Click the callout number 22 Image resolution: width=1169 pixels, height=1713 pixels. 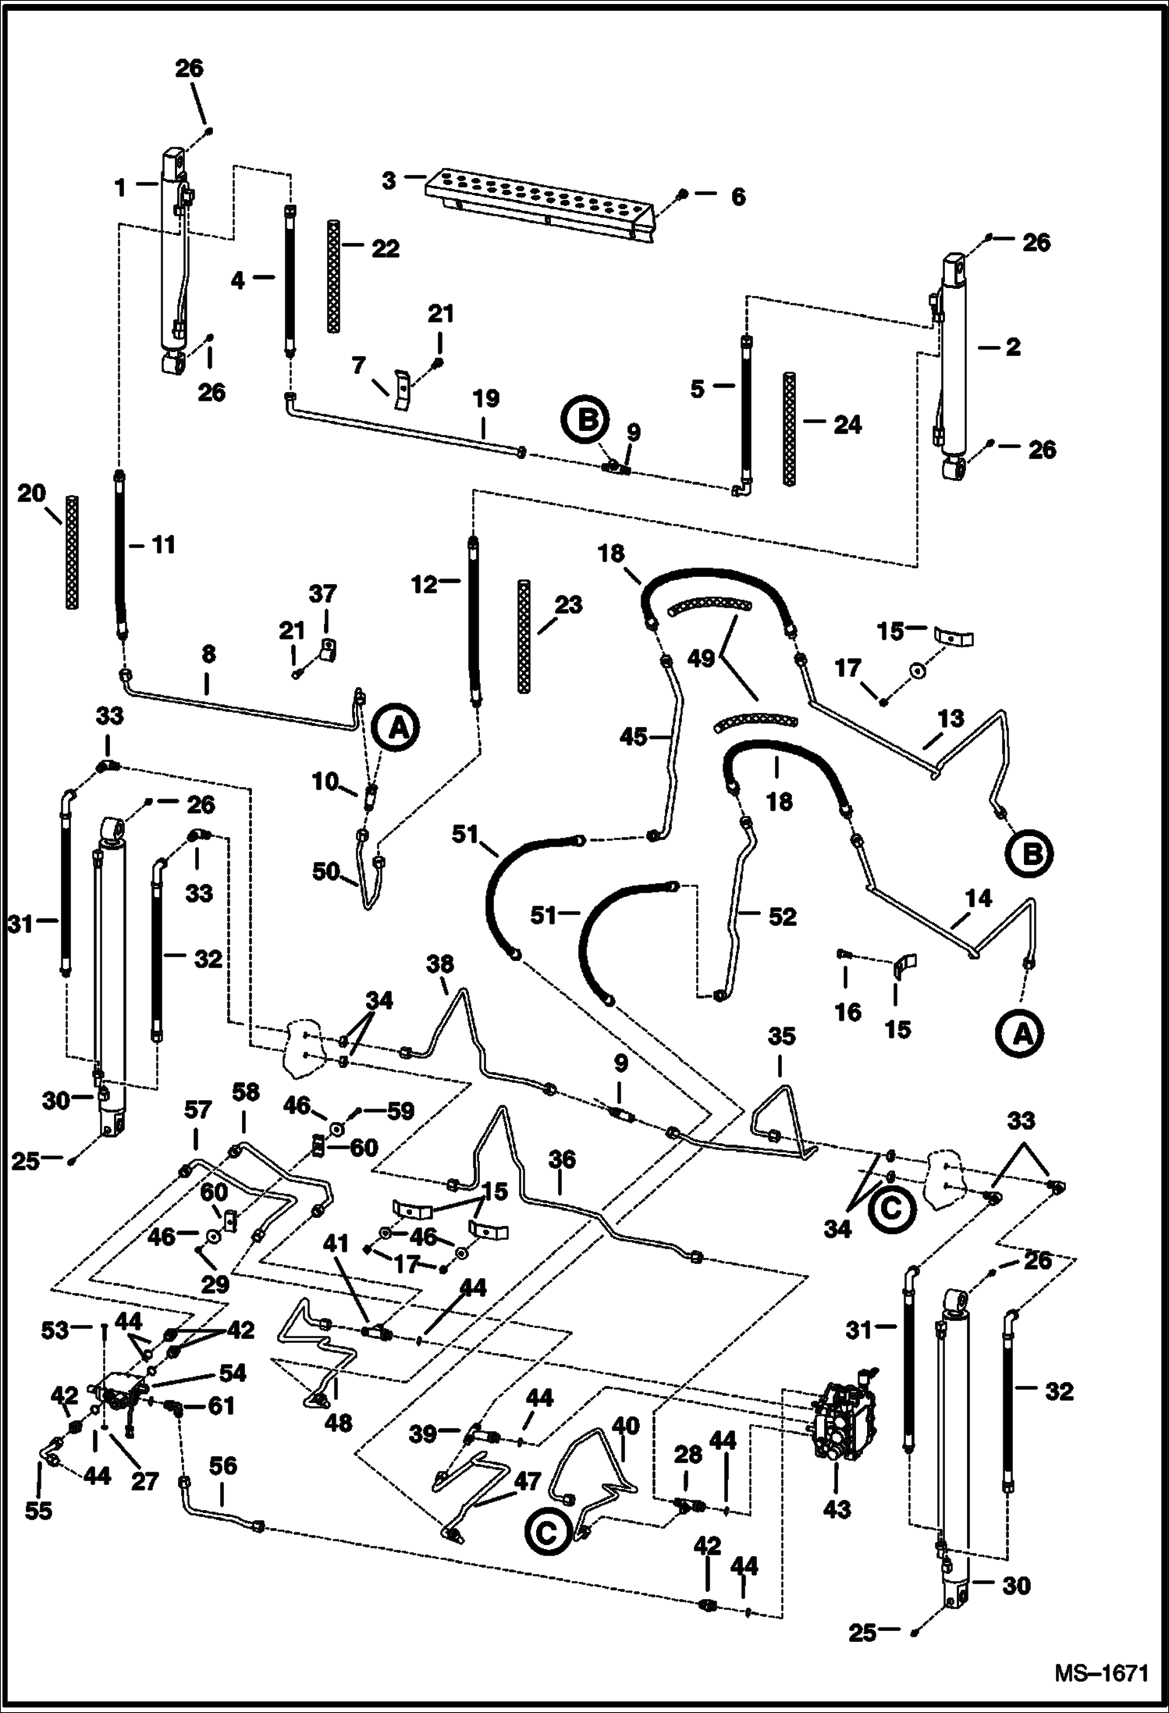pyautogui.click(x=385, y=249)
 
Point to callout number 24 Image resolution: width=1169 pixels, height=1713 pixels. pyautogui.click(x=847, y=425)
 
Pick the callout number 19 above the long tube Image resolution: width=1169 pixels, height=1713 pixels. pyautogui.click(x=485, y=399)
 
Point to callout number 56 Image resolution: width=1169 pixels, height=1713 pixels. pyautogui.click(x=223, y=1466)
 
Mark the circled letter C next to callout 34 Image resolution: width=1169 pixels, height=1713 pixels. pyautogui.click(x=890, y=1208)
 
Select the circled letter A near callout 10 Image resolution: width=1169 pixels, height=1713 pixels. pyautogui.click(x=396, y=728)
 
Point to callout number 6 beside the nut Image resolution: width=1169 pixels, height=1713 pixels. pyautogui.click(x=737, y=197)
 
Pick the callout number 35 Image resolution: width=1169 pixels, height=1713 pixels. pyautogui.click(x=781, y=1036)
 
